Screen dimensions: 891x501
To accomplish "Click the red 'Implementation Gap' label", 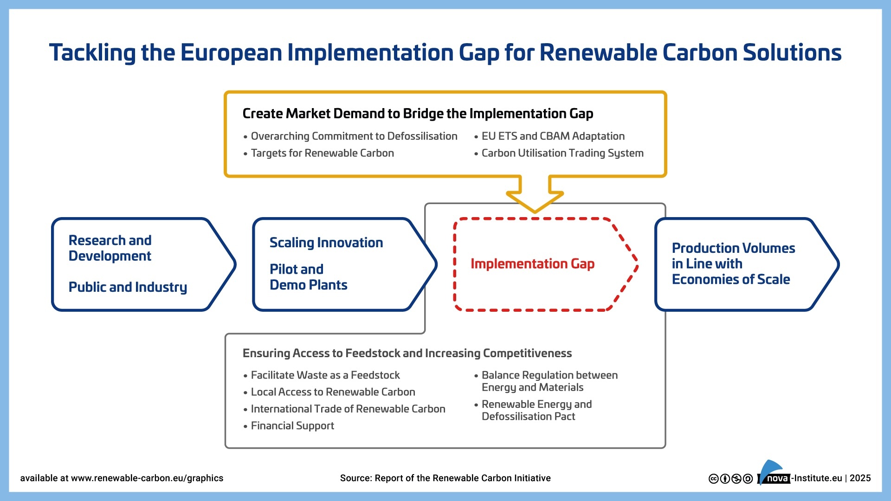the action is tap(532, 264).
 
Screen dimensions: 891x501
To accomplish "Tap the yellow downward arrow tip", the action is tap(535, 212).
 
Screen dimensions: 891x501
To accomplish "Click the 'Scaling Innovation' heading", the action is tap(326, 243).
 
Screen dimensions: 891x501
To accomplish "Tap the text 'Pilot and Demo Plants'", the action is tap(309, 277).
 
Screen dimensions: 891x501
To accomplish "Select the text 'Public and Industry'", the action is tap(128, 287).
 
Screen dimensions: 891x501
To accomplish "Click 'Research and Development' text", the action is tap(110, 248).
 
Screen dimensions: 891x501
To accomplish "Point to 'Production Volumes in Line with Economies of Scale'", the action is tap(733, 263).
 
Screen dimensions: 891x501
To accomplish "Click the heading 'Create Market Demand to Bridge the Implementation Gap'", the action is tap(418, 114).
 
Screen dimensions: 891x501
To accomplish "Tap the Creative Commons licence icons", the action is tap(731, 479).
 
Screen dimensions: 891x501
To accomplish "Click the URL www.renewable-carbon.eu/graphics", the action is tap(147, 478).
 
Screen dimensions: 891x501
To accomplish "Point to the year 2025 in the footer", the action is tap(860, 478).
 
